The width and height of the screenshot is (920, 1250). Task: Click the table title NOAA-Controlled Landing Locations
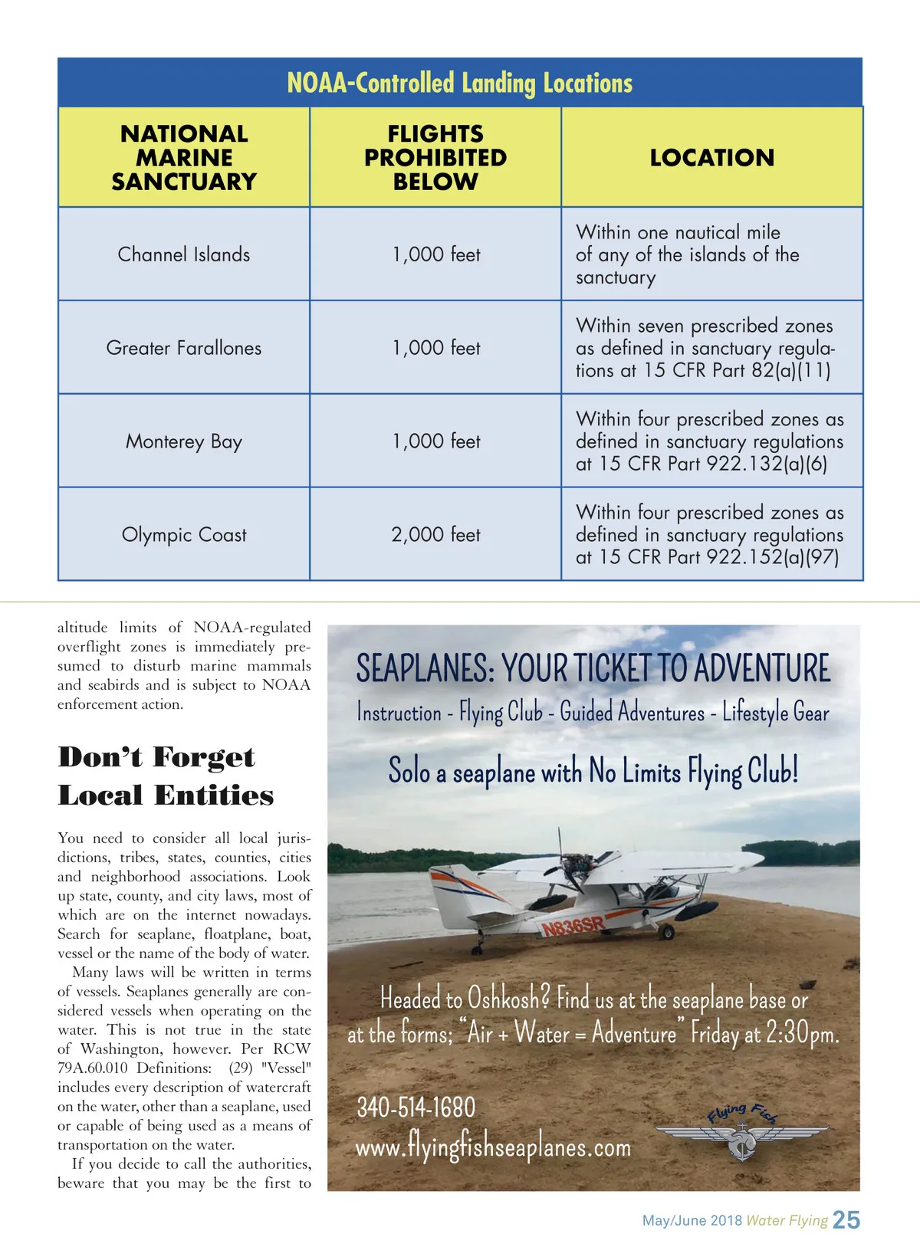(460, 83)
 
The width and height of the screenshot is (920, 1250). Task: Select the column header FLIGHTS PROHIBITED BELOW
(435, 157)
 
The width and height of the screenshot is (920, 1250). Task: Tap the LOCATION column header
(712, 158)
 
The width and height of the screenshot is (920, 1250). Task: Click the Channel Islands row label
(184, 254)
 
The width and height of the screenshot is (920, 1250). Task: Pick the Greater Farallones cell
(184, 348)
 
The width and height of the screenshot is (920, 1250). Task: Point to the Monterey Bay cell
(184, 441)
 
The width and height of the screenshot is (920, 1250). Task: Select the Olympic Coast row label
(184, 535)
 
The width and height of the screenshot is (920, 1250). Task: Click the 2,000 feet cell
(435, 535)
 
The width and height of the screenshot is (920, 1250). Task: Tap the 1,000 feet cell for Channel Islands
(435, 254)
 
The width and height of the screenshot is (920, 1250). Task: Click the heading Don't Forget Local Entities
(166, 776)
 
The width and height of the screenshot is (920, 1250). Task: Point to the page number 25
(846, 1220)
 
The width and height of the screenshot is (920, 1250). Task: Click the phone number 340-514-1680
(416, 1107)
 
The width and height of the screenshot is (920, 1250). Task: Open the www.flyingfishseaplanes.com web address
(493, 1147)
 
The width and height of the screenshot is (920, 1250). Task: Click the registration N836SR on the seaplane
(573, 927)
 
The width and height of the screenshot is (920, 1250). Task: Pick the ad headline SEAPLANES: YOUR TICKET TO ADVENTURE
(593, 668)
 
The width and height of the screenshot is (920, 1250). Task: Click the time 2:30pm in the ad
(802, 1034)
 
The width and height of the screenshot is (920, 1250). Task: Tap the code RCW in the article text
(291, 1049)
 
